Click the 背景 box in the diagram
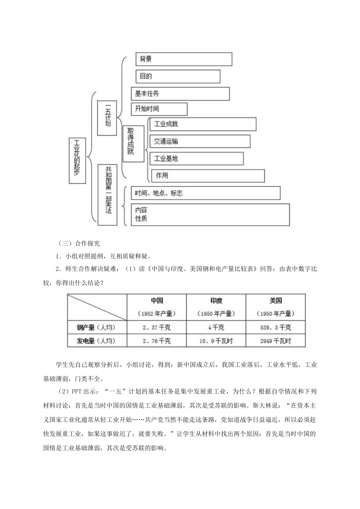coord(184,59)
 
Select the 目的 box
coord(178,76)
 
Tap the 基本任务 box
coord(180,94)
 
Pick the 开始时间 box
coord(159,109)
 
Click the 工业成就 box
coord(203,124)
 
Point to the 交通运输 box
coord(200,141)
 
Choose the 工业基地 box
coord(196,159)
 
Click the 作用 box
coord(208,176)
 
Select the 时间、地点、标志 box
coord(205,193)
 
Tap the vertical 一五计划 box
coord(107,118)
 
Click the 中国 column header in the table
coord(157,301)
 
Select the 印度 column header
coord(216,301)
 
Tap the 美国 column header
coord(275,301)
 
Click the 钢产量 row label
coord(96,328)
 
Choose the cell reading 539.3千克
coord(275,328)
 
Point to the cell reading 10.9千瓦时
coord(216,341)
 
